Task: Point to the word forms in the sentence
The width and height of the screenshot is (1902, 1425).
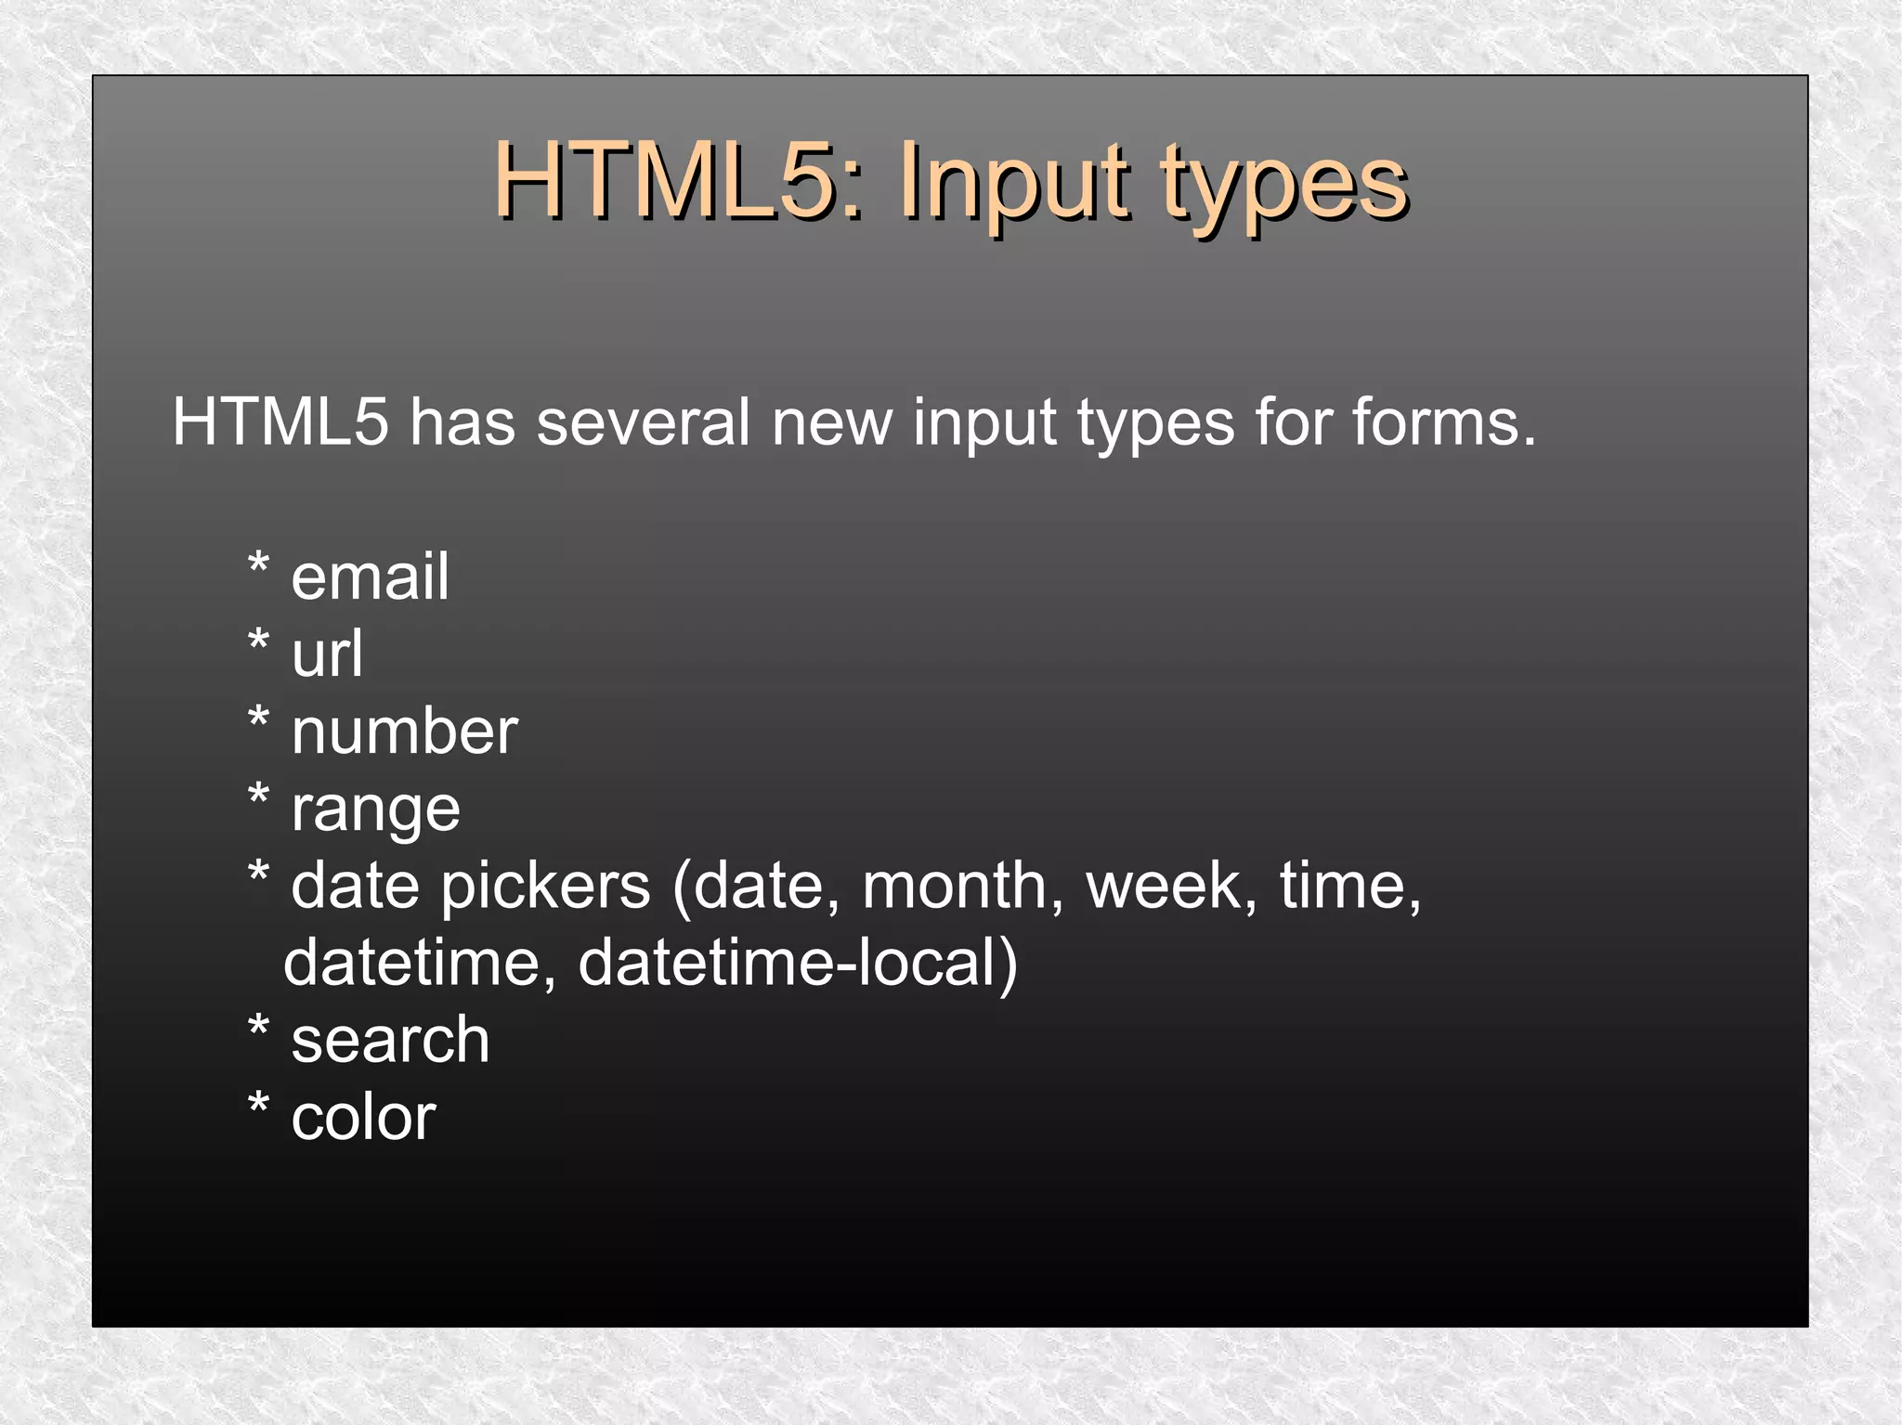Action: click(1443, 422)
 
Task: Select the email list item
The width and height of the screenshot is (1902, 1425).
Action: click(370, 576)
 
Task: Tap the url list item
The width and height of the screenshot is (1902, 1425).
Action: click(327, 654)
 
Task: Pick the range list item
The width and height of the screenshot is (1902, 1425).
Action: click(375, 810)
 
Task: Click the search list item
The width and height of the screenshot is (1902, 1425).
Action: click(390, 1040)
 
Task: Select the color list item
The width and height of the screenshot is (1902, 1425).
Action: click(363, 1117)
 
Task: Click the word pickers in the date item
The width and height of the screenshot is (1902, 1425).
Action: click(545, 887)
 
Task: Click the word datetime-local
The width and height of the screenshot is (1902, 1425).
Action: click(798, 963)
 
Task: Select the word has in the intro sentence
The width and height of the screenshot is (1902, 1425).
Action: click(462, 422)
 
